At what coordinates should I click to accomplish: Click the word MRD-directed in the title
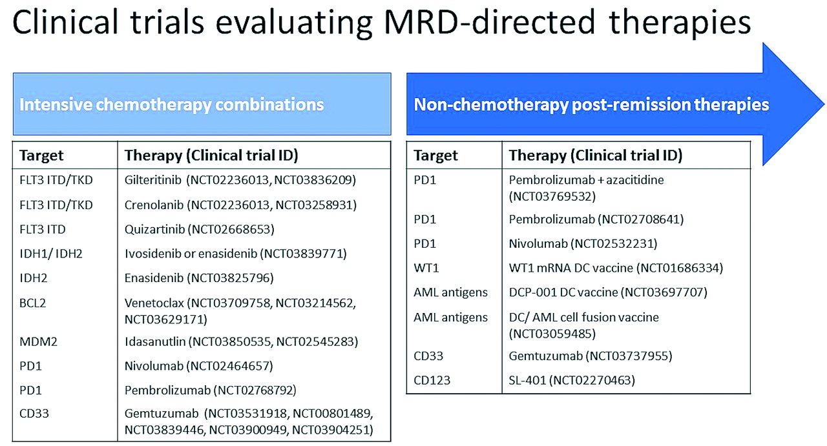(490, 23)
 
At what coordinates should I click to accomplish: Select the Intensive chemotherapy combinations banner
(202, 104)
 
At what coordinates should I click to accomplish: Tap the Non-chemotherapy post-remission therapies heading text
(591, 105)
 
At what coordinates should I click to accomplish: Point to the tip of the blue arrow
(824, 105)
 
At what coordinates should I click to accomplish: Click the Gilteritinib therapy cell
(240, 180)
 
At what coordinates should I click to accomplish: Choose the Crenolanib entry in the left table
(240, 205)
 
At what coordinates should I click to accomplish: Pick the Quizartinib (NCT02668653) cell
(200, 230)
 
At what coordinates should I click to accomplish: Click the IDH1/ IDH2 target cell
(51, 254)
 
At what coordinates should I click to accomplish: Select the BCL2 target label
(32, 303)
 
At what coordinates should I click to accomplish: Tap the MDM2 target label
(38, 341)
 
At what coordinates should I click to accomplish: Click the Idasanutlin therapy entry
(241, 341)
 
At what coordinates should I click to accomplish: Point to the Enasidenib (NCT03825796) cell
(199, 278)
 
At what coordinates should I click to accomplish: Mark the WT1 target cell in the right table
(426, 268)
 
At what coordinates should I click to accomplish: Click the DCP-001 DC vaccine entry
(608, 292)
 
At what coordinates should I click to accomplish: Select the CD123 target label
(432, 380)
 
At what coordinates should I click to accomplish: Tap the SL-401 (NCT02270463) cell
(572, 380)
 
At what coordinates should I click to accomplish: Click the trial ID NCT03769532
(552, 197)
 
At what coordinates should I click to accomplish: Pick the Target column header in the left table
(41, 156)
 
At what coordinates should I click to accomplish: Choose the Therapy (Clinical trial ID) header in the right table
(596, 156)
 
